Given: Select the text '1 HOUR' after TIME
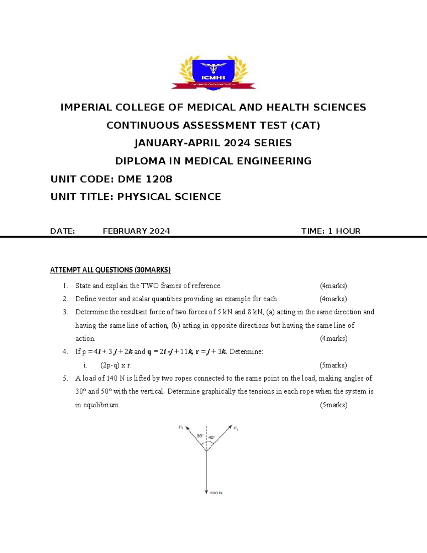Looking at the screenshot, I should [x=344, y=231].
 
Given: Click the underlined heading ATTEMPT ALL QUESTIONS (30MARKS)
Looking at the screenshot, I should [x=110, y=270].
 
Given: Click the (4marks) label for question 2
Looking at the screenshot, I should [x=333, y=299].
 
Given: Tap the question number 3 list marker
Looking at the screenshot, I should [x=65, y=312].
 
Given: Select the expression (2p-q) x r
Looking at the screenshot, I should [x=116, y=365].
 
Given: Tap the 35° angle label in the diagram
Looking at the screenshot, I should [x=200, y=435].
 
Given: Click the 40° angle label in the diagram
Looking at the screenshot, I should [x=212, y=437].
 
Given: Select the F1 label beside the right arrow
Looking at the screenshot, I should [x=236, y=428].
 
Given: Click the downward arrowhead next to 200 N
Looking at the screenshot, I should [x=206, y=492].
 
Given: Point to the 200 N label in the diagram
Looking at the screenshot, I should [x=216, y=493].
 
